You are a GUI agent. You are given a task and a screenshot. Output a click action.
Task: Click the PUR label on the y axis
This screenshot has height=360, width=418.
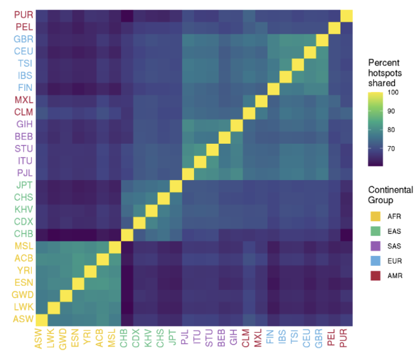23,15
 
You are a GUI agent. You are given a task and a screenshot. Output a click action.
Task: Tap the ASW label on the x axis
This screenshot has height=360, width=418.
39,339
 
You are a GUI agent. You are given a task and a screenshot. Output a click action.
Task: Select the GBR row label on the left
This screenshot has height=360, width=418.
23,40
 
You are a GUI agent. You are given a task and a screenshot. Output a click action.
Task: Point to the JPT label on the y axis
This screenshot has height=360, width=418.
24,185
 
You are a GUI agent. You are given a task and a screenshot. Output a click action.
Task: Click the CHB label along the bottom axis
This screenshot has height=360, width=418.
124,339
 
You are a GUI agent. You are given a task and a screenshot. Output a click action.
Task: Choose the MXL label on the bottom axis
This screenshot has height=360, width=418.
257,339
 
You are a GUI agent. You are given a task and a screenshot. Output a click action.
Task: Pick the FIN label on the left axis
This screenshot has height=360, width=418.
25,88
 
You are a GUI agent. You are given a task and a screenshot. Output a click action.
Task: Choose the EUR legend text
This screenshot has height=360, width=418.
393,261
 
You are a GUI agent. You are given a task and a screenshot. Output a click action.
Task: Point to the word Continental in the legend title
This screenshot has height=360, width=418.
390,190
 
